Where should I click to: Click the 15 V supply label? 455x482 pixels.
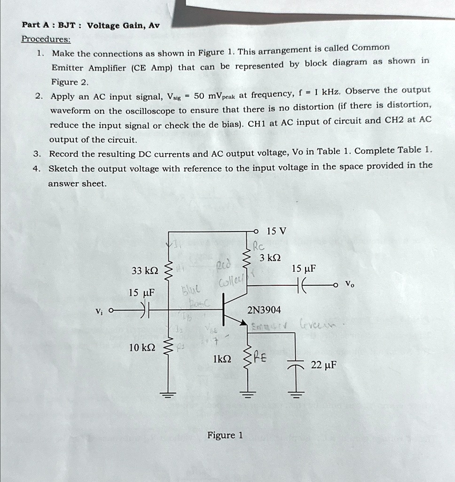click(276, 231)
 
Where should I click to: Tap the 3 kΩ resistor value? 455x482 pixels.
click(270, 257)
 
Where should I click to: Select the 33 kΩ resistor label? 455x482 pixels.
click(145, 271)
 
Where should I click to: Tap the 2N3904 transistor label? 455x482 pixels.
click(264, 310)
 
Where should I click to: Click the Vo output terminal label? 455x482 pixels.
click(348, 284)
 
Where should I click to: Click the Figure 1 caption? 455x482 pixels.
click(225, 435)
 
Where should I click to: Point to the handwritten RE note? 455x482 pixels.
click(260, 359)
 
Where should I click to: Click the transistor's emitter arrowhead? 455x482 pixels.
click(243, 323)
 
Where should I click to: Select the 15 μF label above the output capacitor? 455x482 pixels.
click(303, 269)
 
